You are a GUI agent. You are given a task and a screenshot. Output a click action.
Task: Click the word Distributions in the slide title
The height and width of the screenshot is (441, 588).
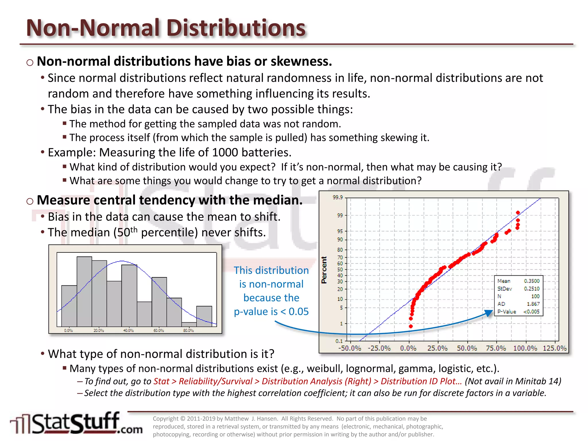(x=236, y=28)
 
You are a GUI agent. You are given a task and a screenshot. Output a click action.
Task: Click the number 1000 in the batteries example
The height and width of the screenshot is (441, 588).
(x=225, y=152)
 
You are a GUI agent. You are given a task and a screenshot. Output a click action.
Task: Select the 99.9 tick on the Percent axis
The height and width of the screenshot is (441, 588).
(x=338, y=198)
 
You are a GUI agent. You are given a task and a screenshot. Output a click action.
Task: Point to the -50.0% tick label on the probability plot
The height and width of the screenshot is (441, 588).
(x=350, y=348)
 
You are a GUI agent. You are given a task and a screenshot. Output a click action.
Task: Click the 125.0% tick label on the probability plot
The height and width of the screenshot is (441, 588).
(x=555, y=348)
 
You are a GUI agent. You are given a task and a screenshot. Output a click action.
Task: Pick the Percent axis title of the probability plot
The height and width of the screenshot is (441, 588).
(x=324, y=270)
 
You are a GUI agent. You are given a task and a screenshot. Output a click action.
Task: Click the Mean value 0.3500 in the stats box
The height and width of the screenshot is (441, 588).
(x=531, y=281)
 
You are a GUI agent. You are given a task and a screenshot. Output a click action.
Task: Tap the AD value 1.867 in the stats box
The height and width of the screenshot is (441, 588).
(x=533, y=304)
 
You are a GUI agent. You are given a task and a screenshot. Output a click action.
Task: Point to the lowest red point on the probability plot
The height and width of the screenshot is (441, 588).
(x=411, y=326)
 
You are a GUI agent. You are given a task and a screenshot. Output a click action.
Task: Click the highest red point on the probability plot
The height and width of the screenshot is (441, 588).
(x=518, y=213)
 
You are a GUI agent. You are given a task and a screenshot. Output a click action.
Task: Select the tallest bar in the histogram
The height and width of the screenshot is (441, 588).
(x=84, y=291)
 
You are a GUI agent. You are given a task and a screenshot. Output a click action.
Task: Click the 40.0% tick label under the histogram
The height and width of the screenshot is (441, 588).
(x=128, y=330)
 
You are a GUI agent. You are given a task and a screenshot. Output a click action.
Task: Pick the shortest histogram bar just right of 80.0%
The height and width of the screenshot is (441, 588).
(x=189, y=324)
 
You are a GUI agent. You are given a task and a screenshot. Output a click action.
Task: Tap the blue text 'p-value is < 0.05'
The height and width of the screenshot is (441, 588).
(x=271, y=312)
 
